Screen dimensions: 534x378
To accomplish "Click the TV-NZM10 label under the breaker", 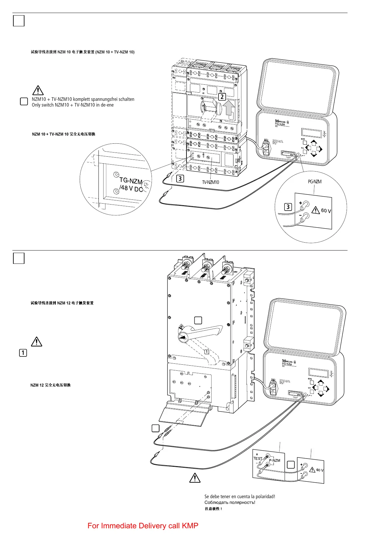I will point(211,182).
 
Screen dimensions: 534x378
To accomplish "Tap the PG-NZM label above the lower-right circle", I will point(314,182).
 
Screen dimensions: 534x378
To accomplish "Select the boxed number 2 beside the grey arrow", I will point(222,97).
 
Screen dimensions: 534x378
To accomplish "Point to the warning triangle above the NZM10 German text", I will point(38,90).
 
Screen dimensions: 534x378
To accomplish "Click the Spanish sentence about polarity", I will point(240,497).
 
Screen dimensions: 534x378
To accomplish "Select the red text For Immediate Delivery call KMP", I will point(143,526).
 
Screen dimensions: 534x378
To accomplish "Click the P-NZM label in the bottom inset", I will point(274,460).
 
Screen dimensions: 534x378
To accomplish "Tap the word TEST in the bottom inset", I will point(258,459).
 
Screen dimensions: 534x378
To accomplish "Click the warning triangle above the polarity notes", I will point(195,478).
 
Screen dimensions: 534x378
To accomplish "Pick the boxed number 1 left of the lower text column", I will point(23,353).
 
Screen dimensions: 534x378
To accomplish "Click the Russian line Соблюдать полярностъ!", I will point(230,502).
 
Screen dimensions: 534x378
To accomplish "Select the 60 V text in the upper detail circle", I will point(326,211).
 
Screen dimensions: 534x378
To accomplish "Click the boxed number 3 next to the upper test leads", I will point(180,179).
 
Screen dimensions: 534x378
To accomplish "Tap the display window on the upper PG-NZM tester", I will point(312,133).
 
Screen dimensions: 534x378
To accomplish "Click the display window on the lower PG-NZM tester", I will point(319,373).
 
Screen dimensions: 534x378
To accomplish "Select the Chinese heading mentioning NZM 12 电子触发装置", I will point(62,303).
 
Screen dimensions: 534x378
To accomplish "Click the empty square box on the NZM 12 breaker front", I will point(198,320).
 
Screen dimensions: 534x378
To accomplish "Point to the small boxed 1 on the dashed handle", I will point(206,352).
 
